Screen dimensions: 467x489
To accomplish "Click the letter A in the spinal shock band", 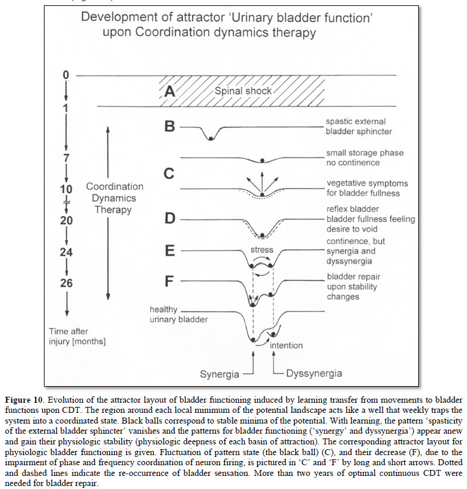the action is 169,91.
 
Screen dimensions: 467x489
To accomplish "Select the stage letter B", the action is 169,126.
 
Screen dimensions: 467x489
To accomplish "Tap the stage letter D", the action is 170,218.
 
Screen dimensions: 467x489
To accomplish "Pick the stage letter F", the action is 169,281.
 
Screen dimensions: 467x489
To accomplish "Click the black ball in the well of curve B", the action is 211,138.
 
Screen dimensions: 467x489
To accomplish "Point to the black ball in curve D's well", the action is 263,235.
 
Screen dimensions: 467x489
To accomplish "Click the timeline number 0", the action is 66,75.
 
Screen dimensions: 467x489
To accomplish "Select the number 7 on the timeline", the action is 67,158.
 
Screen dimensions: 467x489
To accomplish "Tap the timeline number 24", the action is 66,252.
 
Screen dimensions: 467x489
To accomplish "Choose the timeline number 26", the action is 67,283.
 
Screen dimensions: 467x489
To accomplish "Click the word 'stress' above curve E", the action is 261,250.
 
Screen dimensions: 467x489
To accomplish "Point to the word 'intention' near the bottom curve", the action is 286,346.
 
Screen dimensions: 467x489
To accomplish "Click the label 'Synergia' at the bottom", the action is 219,374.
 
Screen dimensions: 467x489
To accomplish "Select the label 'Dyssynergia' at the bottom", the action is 314,374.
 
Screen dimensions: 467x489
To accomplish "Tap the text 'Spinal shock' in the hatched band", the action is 243,91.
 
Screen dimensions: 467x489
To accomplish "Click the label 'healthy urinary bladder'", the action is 178,314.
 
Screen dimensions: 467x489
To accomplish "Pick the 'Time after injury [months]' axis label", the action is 77,336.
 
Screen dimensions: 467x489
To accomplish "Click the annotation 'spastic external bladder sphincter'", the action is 359,126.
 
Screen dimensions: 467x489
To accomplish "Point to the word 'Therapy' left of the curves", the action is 113,209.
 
